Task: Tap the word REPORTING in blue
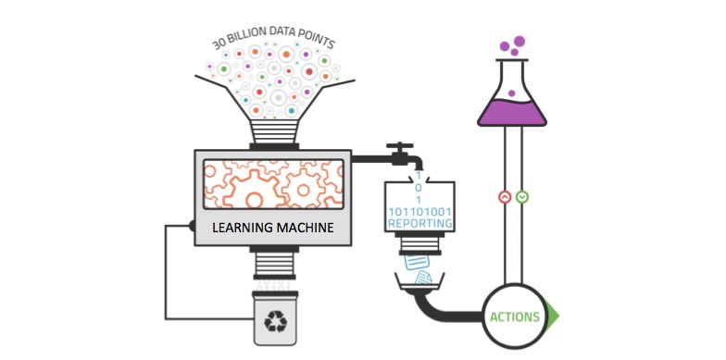click(x=420, y=223)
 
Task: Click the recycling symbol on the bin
click(x=275, y=321)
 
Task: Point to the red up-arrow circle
click(x=504, y=197)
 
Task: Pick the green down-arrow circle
click(x=522, y=197)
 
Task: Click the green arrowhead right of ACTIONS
click(x=553, y=316)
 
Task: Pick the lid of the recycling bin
click(x=275, y=293)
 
